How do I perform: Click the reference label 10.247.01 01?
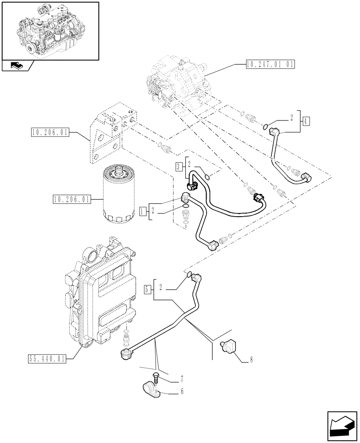[269, 64]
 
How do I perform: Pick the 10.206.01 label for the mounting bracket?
[50, 132]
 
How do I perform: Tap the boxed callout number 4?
[307, 120]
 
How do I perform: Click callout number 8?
[252, 360]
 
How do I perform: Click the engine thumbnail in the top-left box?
[49, 30]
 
